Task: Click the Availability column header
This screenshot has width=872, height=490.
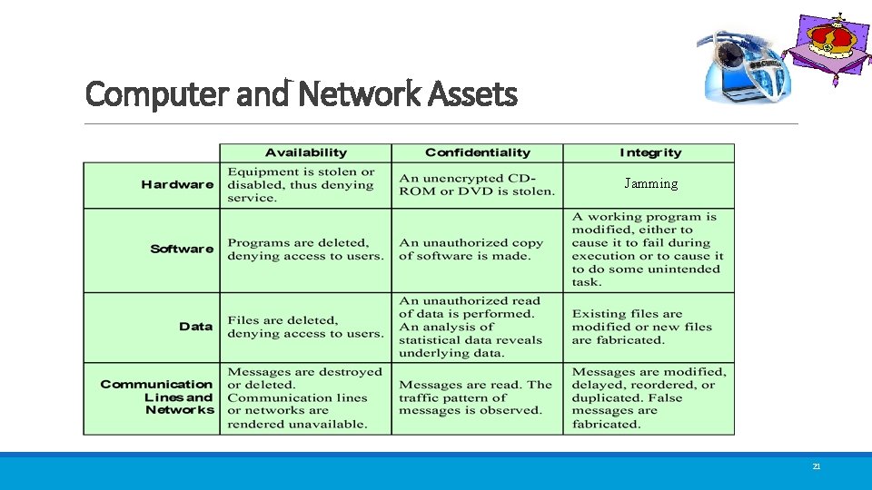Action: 305,152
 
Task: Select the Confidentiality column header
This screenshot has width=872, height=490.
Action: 477,152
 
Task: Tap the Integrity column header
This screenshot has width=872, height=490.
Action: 649,152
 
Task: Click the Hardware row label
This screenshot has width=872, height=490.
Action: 177,185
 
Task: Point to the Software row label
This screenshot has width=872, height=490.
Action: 182,249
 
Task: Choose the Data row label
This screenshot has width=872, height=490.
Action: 195,327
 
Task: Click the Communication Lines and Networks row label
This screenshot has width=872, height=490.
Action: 156,397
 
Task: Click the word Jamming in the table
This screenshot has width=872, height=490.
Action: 650,184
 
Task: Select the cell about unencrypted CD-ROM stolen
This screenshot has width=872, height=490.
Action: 476,185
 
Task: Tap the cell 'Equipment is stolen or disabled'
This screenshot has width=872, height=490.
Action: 301,185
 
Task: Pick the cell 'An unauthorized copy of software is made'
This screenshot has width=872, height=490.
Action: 471,250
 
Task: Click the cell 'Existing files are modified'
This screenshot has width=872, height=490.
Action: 641,327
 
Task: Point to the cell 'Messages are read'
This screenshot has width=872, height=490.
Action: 475,397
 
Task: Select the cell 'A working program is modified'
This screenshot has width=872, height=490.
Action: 647,250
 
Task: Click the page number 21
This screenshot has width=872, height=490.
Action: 816,466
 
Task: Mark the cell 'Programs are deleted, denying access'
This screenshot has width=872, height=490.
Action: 305,250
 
